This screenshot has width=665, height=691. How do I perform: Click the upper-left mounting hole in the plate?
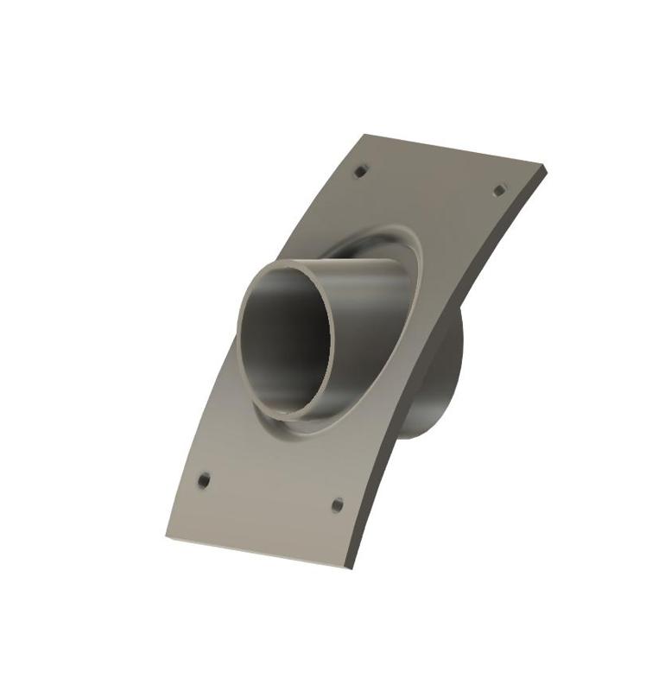point(361,171)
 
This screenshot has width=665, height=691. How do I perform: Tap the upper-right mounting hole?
point(498,189)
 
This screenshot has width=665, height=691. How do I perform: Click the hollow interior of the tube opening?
point(285,341)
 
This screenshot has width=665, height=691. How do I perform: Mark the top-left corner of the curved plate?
point(365,135)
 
